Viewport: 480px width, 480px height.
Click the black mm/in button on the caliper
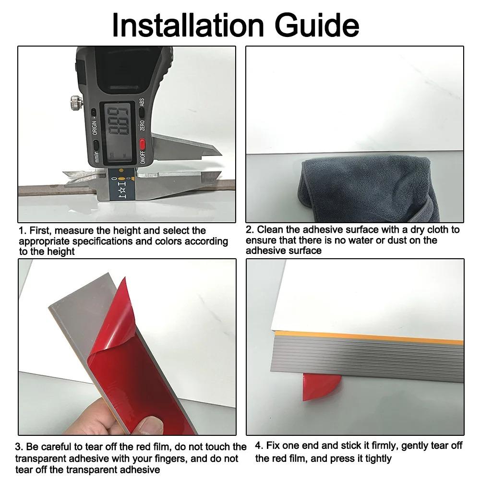96,146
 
